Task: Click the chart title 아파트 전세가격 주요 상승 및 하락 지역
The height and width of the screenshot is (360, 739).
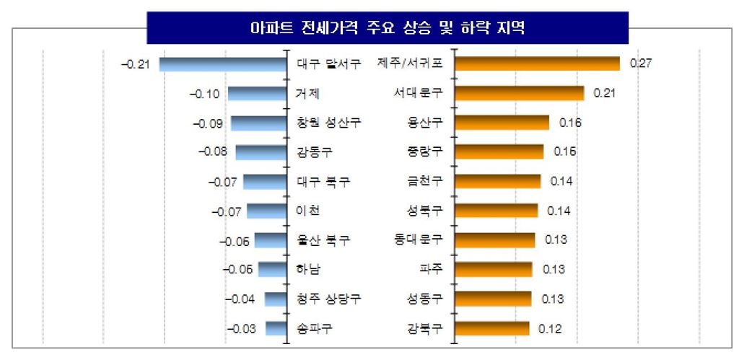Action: coord(387,29)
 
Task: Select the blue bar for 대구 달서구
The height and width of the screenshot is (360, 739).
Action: coord(223,64)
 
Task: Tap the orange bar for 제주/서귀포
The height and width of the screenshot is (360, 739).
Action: coord(537,63)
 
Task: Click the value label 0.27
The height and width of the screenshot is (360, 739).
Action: coord(641,63)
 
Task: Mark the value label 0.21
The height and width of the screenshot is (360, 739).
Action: coord(604,93)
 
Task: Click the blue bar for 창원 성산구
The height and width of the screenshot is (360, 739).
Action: coord(258,123)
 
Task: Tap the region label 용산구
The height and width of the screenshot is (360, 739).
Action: coord(426,123)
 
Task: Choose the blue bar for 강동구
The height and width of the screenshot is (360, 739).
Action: coord(261,152)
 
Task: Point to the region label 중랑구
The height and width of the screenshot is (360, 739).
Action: coord(426,152)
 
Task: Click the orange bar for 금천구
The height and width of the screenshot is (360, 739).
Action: coord(497,181)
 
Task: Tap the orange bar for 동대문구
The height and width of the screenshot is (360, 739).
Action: coord(494,240)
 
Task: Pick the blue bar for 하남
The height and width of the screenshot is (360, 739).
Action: coord(272,270)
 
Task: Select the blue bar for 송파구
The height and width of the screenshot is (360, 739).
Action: coord(276,328)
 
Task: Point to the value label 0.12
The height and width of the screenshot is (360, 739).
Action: coord(550,328)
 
